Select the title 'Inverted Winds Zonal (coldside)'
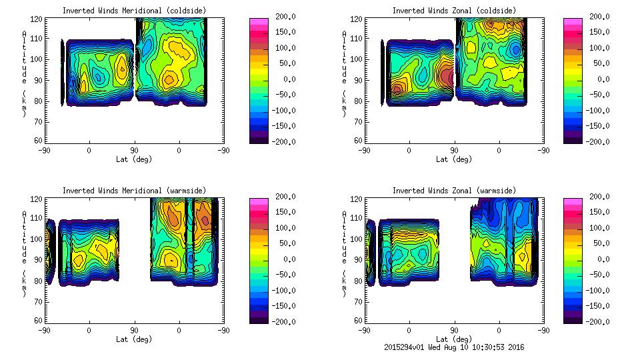coord(453,10)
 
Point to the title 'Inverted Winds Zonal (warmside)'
coord(453,190)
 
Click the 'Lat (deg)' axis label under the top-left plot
coord(133,159)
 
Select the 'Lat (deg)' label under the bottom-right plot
coord(455,339)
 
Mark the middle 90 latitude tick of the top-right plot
coord(455,151)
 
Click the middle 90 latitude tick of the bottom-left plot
coord(134,330)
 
